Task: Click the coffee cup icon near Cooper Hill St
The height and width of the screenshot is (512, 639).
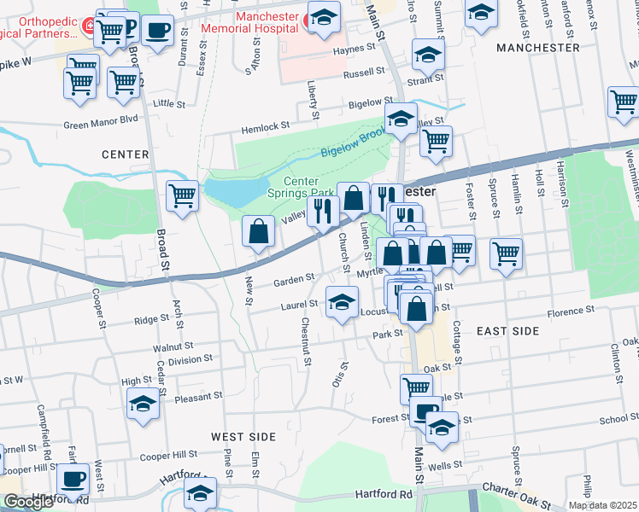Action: tap(73, 480)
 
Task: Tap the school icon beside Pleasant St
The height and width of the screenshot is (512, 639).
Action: tap(144, 404)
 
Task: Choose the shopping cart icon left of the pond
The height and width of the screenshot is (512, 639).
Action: tap(183, 195)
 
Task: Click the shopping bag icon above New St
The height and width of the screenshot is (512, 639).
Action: tap(258, 231)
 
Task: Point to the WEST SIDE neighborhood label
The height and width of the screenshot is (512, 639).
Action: tap(243, 437)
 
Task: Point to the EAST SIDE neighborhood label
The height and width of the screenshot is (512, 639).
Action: tap(507, 330)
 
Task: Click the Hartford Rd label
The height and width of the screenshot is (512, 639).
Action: tap(384, 494)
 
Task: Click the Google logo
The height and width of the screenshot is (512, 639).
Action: tap(27, 502)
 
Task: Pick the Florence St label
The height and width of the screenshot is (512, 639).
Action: tap(559, 311)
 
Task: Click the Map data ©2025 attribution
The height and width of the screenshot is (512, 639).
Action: tap(603, 505)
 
